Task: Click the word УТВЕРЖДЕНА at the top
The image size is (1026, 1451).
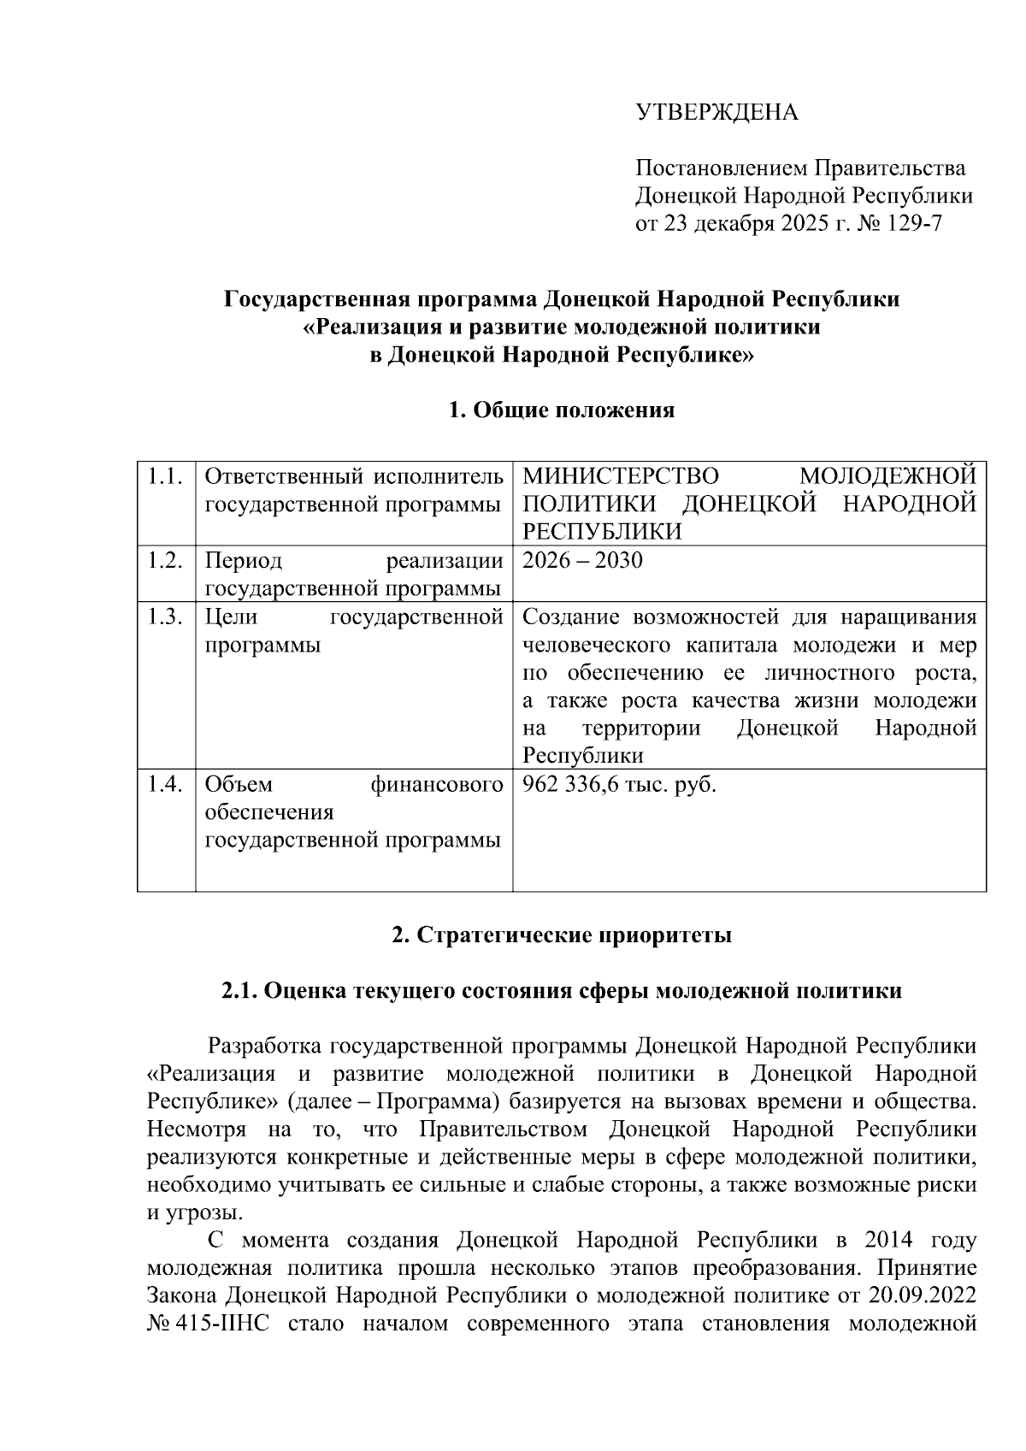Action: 716,112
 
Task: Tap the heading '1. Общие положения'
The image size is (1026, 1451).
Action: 562,410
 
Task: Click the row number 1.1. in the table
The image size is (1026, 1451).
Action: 165,476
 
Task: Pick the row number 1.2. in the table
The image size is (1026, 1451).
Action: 165,561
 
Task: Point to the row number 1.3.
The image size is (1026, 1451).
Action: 165,617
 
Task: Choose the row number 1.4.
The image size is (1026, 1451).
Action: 165,784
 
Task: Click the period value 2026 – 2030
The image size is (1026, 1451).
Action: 582,561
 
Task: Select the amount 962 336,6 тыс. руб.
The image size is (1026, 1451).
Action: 619,784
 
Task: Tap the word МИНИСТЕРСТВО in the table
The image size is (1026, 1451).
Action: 620,476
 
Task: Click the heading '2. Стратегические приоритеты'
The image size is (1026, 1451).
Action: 562,935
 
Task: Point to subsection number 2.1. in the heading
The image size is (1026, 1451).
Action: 239,991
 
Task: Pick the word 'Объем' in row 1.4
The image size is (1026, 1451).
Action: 239,784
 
